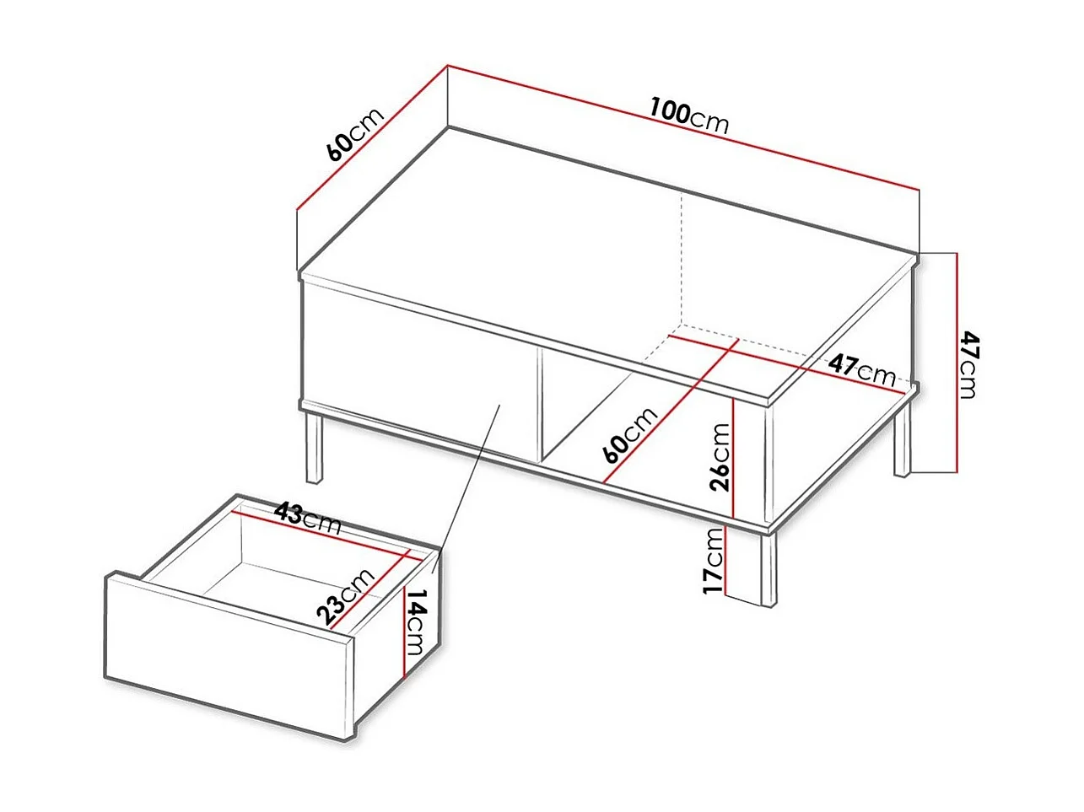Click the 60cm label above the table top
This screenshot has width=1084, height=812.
pyautogui.click(x=354, y=132)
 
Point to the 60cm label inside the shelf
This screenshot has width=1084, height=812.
pyautogui.click(x=629, y=435)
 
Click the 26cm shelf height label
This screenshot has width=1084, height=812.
pyautogui.click(x=719, y=456)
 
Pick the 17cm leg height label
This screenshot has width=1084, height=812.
pyautogui.click(x=714, y=560)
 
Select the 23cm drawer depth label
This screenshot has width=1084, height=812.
pyautogui.click(x=348, y=595)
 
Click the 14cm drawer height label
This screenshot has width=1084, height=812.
pyautogui.click(x=417, y=621)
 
